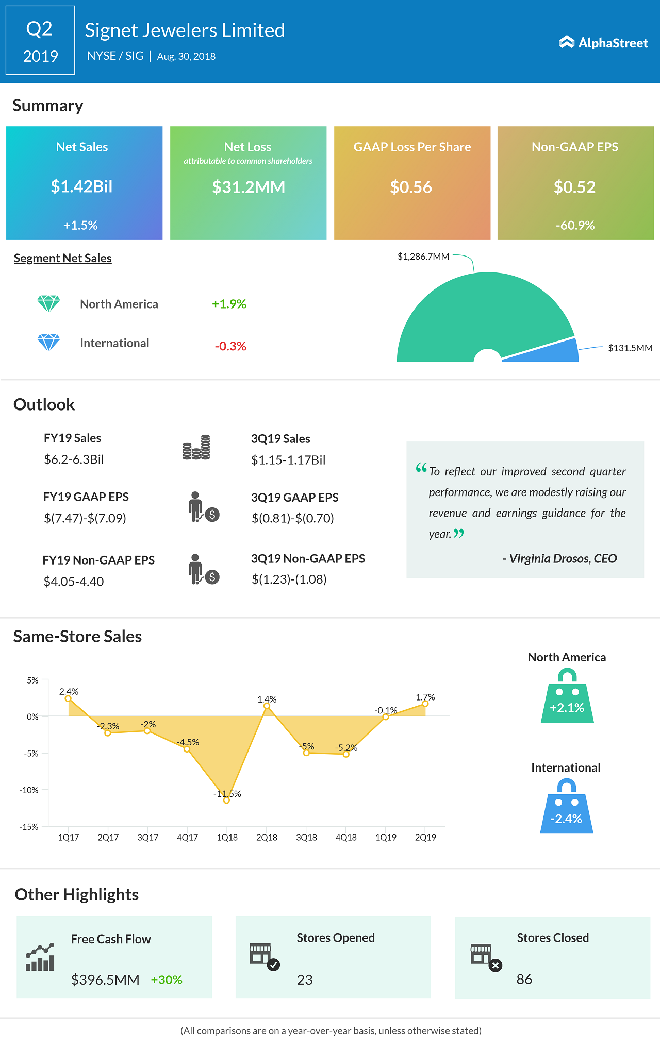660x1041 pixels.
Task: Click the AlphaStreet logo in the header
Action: click(603, 42)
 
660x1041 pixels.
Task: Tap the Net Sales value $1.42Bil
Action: click(81, 186)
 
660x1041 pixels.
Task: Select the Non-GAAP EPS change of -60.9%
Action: click(575, 225)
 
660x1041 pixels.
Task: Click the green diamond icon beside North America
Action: click(48, 303)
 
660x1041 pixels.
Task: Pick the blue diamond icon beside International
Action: click(48, 342)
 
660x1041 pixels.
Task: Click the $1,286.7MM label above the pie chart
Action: click(423, 257)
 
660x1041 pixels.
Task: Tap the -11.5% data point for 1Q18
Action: click(226, 800)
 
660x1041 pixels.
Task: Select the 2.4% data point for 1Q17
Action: click(68, 698)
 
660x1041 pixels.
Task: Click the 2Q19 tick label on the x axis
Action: click(425, 838)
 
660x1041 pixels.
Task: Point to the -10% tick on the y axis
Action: click(29, 790)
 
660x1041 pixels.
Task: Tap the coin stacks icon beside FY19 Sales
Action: click(196, 448)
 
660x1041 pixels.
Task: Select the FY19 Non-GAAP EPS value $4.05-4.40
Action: click(74, 582)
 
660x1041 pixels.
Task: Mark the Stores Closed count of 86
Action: click(524, 979)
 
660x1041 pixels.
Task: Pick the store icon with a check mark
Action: click(264, 957)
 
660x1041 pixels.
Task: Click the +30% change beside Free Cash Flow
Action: click(167, 980)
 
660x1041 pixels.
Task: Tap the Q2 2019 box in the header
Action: click(40, 41)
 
